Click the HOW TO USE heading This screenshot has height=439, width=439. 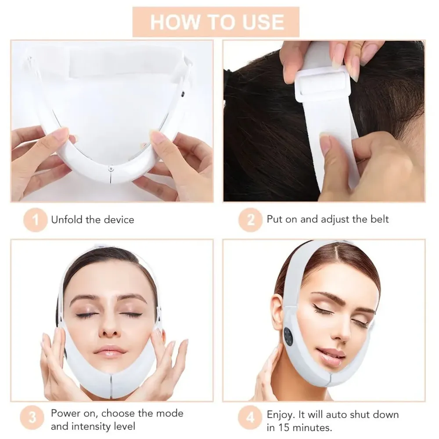point(216,22)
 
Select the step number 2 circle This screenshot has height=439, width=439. point(251,220)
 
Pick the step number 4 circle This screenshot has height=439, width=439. point(251,420)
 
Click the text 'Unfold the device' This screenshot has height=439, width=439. point(93,219)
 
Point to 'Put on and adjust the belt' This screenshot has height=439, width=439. point(327,219)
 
